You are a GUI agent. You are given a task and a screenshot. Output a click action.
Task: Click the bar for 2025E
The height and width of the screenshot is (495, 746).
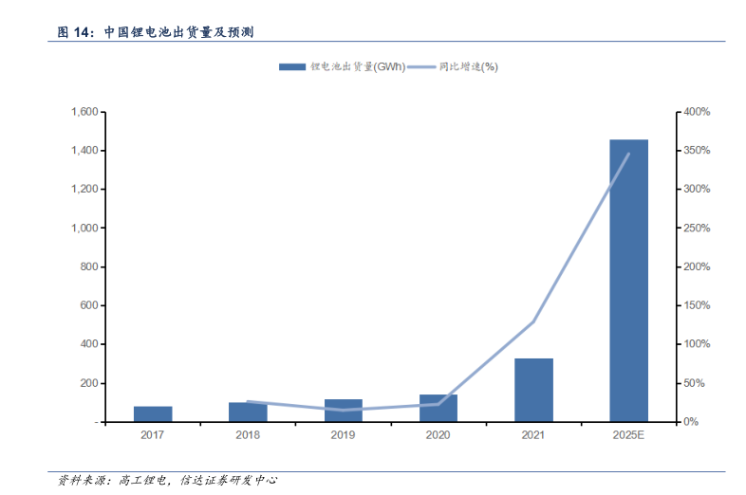click(x=628, y=280)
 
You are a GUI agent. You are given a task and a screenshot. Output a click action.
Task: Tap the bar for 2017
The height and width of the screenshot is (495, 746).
click(x=153, y=413)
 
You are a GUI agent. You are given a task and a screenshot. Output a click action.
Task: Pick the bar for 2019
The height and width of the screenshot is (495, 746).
click(x=343, y=411)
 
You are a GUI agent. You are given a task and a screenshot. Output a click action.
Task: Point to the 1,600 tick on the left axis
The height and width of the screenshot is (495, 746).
click(x=84, y=112)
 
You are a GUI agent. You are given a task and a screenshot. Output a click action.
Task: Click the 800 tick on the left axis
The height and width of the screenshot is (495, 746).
click(x=89, y=266)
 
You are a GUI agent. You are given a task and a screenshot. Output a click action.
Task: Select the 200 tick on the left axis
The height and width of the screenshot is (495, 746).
click(x=89, y=383)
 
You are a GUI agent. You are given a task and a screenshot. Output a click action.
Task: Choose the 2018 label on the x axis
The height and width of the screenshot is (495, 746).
click(x=248, y=435)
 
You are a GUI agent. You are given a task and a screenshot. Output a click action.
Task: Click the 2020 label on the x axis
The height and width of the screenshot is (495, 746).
click(x=438, y=435)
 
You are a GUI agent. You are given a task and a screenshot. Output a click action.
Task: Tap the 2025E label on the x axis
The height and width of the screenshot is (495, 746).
click(x=628, y=435)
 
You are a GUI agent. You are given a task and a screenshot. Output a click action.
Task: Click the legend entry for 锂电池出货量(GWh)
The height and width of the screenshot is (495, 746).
click(x=342, y=66)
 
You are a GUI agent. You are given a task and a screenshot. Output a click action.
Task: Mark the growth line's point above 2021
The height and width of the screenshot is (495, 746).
click(x=533, y=321)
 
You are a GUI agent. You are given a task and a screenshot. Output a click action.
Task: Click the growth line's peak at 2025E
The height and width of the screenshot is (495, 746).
click(x=628, y=154)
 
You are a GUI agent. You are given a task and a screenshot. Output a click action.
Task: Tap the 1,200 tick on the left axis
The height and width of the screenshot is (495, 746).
click(x=84, y=190)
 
